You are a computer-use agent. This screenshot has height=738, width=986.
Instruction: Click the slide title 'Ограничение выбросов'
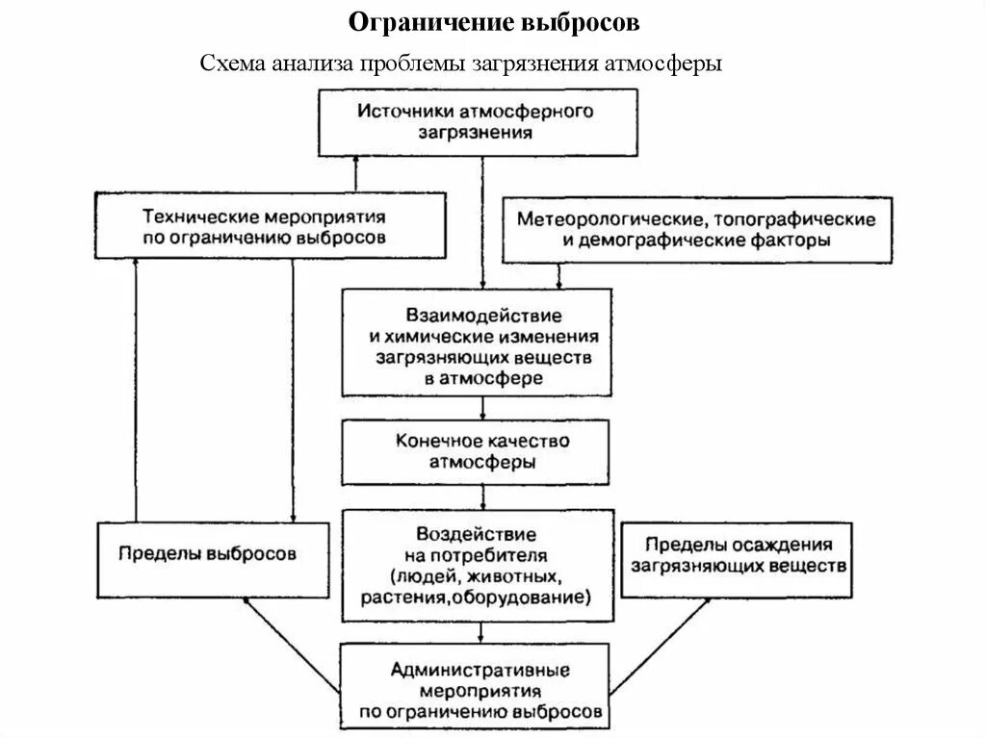tap(493, 21)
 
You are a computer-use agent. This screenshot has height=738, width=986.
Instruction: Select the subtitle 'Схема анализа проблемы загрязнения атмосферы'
tap(460, 64)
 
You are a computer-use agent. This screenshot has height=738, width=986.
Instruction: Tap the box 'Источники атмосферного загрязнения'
tap(478, 122)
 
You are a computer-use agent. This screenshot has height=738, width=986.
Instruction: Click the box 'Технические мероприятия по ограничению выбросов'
tap(271, 226)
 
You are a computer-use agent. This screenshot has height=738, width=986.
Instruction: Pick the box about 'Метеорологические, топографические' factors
tap(696, 231)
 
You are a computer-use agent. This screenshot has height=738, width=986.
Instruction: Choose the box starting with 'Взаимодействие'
tap(477, 343)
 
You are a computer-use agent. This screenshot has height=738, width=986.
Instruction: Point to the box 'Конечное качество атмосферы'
tap(477, 452)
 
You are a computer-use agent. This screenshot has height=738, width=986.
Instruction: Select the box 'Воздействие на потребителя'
tap(477, 565)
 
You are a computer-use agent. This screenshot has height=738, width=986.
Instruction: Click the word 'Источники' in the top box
tap(396, 112)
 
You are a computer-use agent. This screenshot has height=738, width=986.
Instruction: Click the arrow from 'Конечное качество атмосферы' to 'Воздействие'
tap(480, 496)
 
